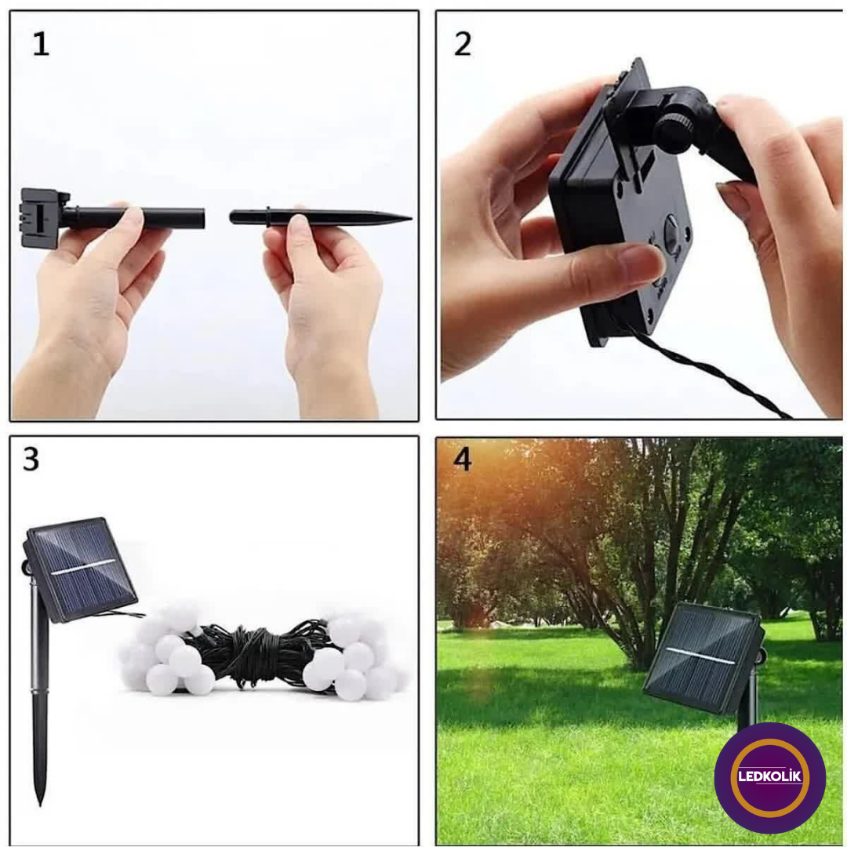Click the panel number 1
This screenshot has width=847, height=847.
[41, 44]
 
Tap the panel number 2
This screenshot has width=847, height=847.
[463, 44]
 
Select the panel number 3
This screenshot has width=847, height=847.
[31, 459]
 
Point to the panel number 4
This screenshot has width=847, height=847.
[463, 459]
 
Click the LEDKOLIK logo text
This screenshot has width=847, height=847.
[770, 776]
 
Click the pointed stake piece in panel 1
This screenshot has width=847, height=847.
[320, 217]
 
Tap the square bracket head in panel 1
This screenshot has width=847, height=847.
[43, 218]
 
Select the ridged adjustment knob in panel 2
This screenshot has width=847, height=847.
[674, 133]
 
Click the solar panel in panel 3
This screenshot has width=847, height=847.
[80, 569]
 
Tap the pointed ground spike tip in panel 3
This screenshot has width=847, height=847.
[40, 804]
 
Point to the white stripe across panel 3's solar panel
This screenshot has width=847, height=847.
[83, 567]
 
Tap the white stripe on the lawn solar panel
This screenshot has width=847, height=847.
[700, 655]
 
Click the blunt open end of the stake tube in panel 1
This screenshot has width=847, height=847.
[202, 218]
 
